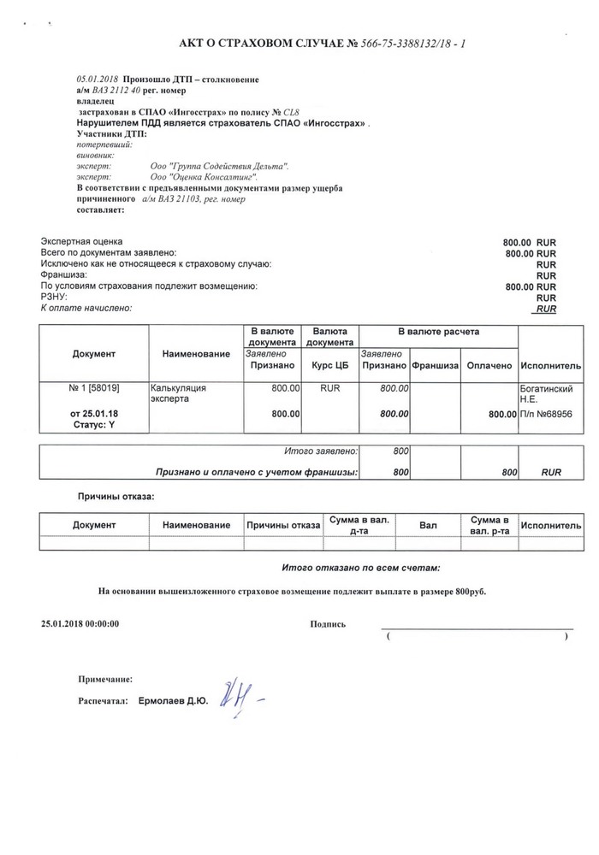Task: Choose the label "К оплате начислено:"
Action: click(x=86, y=308)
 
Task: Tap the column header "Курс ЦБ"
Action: click(x=330, y=365)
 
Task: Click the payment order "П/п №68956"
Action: click(x=551, y=414)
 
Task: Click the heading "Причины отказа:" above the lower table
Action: click(x=116, y=496)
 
